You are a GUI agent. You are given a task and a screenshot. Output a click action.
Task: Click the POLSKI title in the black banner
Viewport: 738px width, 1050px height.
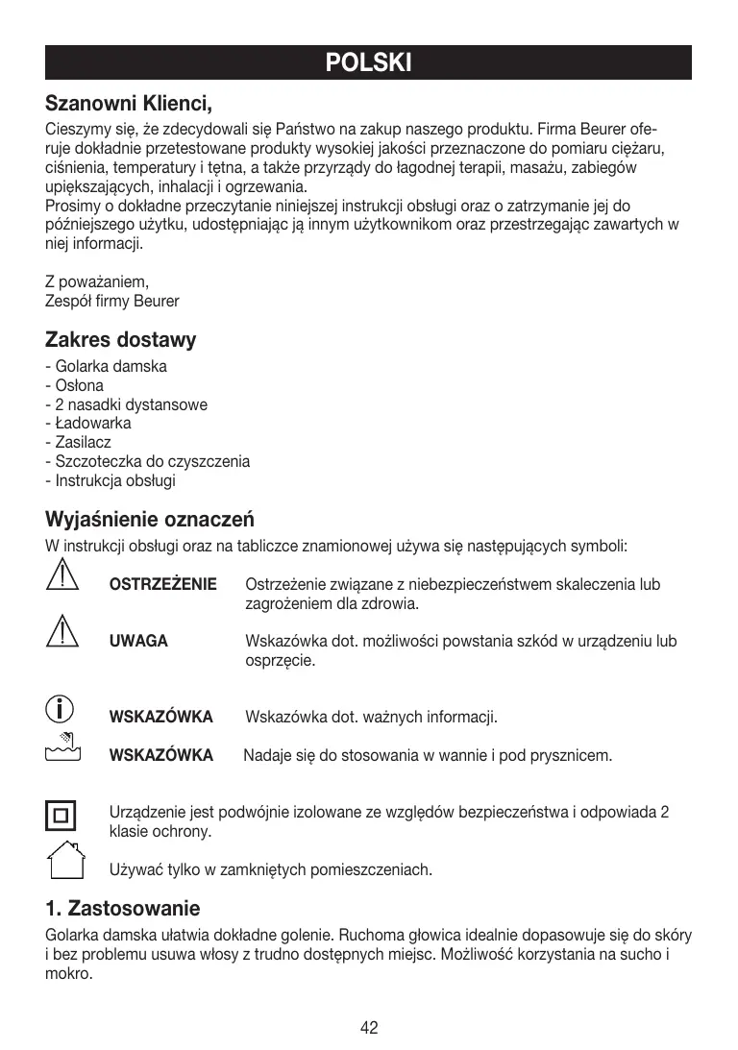(369, 63)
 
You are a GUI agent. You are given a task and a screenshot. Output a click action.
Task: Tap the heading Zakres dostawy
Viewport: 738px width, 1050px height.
(121, 339)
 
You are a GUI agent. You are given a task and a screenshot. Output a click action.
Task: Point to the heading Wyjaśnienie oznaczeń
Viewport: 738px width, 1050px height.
(150, 520)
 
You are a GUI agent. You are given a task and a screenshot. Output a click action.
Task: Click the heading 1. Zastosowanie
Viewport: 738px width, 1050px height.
(123, 908)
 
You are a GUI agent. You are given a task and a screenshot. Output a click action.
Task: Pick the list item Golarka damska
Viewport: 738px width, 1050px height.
(107, 367)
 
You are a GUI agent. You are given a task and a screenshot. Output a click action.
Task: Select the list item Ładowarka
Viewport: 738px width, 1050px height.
(88, 424)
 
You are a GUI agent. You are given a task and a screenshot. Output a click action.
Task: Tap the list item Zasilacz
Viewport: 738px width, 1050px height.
(79, 443)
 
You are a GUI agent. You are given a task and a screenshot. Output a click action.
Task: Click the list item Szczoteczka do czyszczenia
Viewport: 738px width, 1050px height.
(148, 461)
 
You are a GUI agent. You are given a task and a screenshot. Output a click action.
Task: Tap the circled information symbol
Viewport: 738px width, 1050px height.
(61, 710)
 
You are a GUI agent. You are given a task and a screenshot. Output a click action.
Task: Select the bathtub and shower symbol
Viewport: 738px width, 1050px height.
(61, 745)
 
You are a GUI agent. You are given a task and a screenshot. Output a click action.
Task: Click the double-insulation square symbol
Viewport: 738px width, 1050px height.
(61, 816)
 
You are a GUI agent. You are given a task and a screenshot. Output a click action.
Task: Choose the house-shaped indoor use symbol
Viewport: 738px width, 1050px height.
(61, 861)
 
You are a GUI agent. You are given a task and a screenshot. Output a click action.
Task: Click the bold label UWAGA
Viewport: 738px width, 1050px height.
(139, 642)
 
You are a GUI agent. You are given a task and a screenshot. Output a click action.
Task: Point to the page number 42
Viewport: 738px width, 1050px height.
(369, 1028)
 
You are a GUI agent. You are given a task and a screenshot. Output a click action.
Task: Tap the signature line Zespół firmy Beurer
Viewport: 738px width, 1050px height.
(112, 302)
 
